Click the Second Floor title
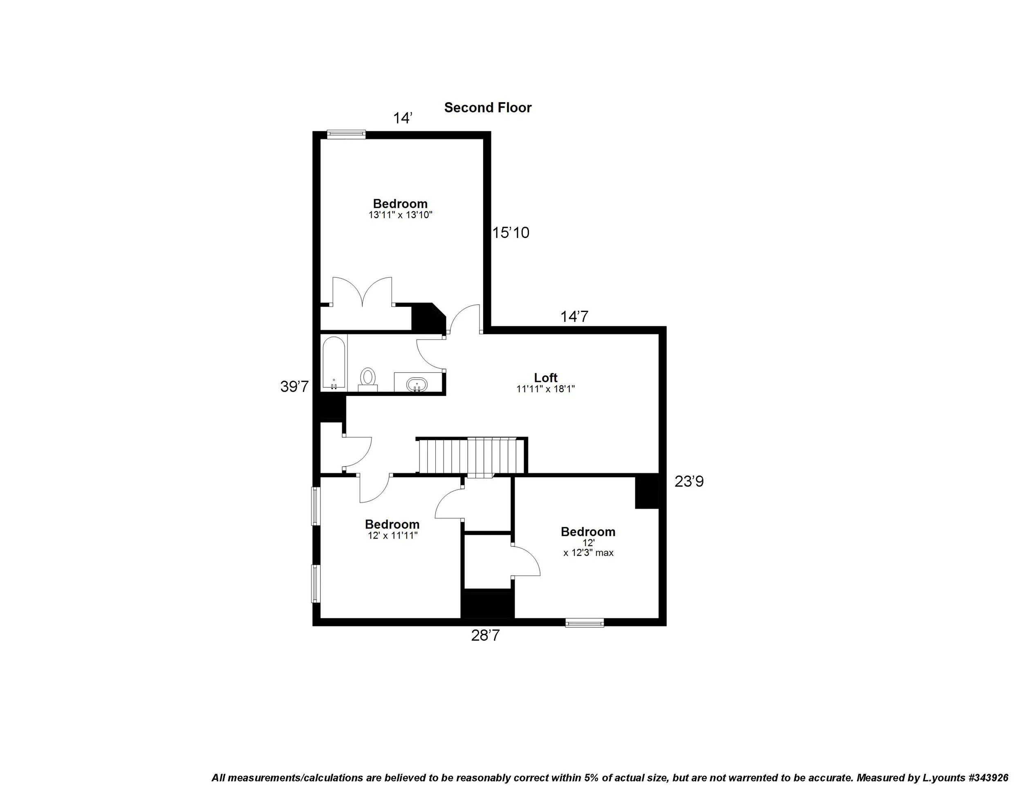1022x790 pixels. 488,108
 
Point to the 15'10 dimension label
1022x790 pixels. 511,233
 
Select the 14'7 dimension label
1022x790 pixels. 574,317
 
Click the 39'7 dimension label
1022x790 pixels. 294,386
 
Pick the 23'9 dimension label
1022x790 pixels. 689,481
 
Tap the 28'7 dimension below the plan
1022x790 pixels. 485,635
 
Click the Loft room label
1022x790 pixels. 546,377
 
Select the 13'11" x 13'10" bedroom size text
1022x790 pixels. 400,215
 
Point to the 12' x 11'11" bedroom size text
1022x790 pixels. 392,535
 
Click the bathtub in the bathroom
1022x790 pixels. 334,363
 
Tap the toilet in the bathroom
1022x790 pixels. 368,378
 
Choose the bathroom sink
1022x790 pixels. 417,385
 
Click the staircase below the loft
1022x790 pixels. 472,456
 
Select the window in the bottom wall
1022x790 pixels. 585,622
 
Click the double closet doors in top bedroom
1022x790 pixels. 362,292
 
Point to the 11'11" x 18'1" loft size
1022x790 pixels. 546,389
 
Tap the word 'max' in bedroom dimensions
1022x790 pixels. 604,553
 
